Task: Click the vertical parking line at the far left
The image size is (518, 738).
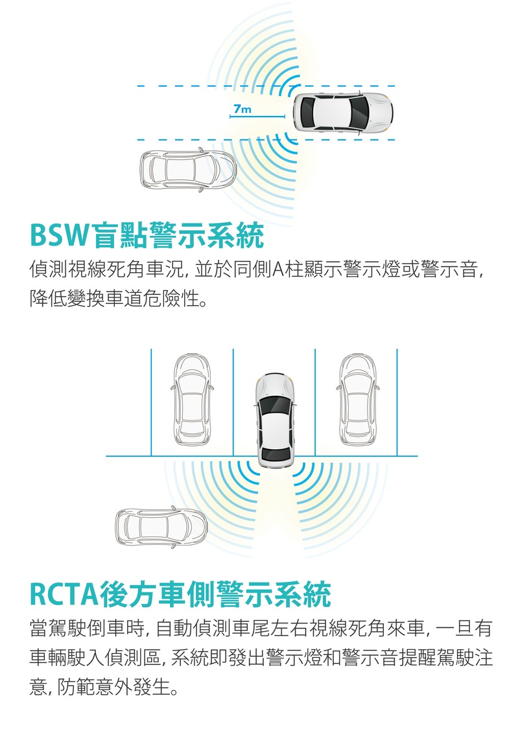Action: click(151, 402)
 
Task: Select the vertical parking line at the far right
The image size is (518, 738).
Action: click(397, 402)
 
